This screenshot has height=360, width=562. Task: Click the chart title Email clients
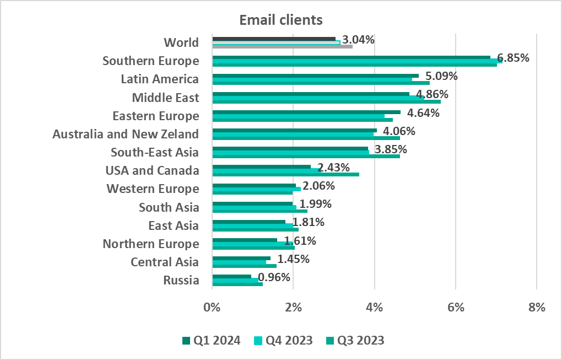280,20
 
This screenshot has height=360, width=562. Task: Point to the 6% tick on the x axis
456,307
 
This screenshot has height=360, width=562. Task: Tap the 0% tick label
212,307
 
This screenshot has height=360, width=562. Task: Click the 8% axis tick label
537,307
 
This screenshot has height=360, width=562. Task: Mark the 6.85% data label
513,58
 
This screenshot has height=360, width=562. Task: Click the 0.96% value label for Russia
274,277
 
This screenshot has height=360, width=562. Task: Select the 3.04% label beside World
358,40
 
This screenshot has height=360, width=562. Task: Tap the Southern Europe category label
150,61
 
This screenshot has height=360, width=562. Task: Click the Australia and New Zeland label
126,134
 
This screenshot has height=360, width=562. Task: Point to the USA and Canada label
152,170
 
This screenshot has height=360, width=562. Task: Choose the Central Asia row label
165,262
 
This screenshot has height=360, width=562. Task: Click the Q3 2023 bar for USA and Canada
285,175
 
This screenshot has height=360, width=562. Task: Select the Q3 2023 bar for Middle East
326,101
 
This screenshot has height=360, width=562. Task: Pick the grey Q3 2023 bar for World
282,47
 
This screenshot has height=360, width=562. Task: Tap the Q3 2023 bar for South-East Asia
306,157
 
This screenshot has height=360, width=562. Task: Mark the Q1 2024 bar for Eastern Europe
306,112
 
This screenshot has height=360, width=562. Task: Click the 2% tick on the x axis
293,307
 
